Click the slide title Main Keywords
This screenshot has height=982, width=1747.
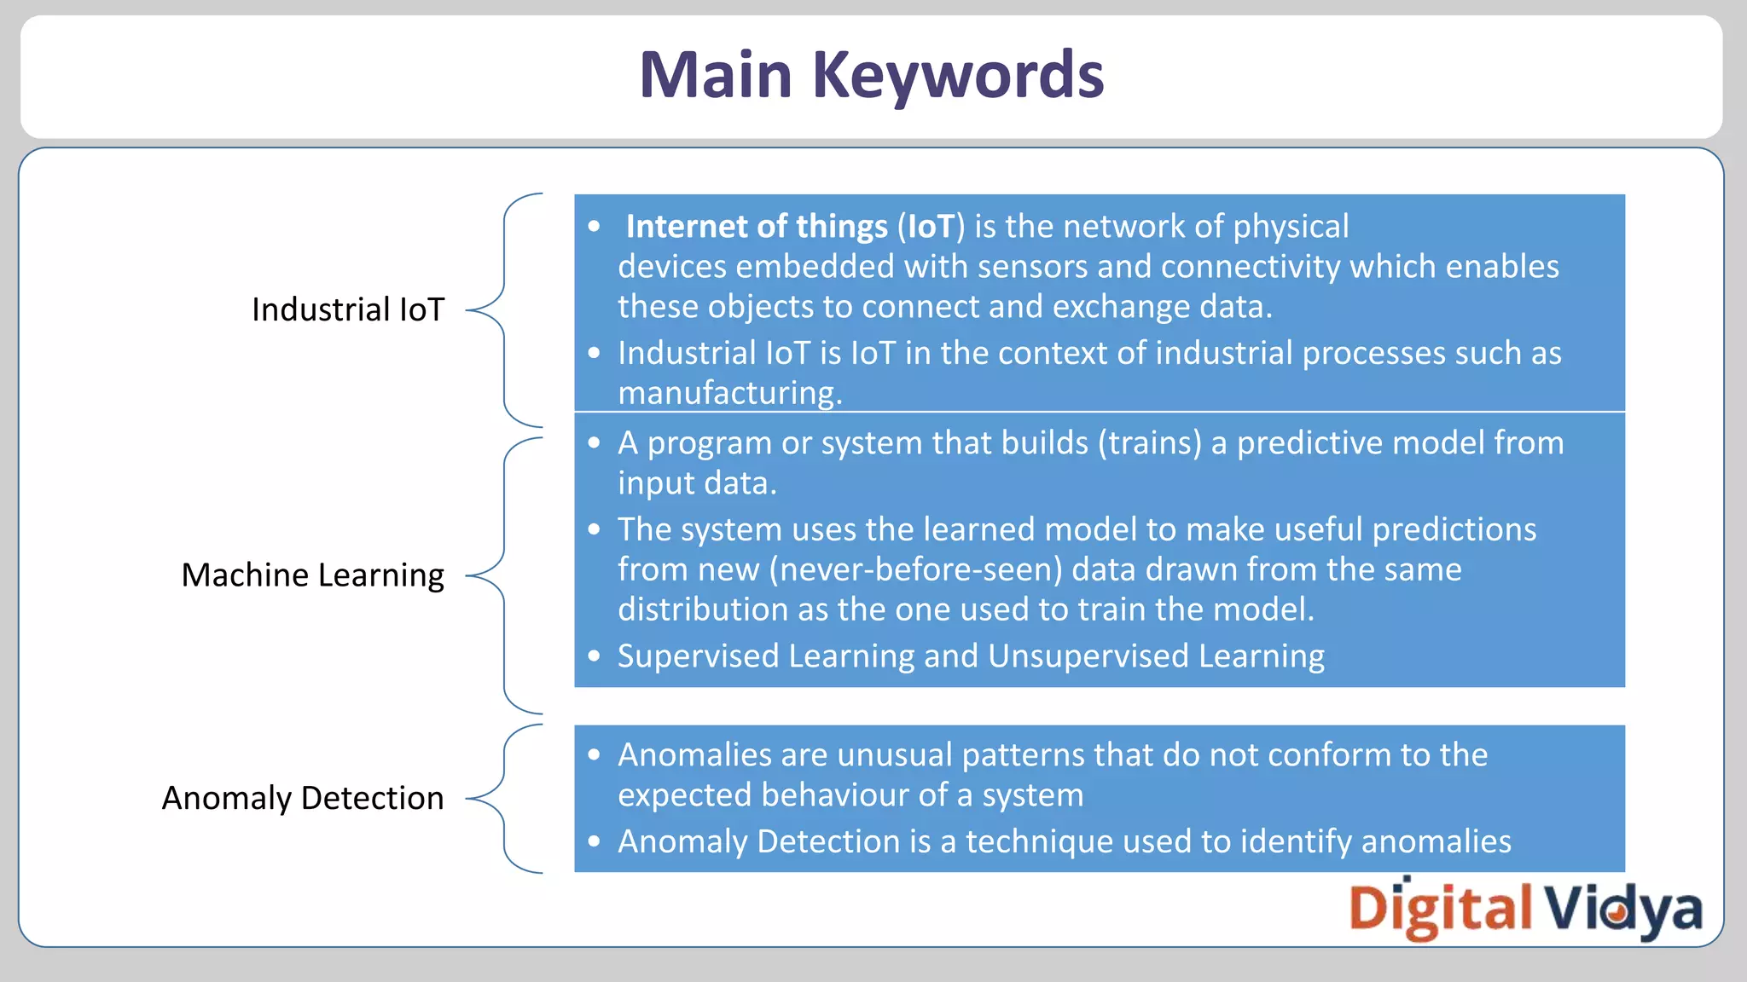tap(871, 75)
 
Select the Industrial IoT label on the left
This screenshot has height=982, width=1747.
tap(348, 309)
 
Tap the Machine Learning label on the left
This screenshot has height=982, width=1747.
tap(312, 575)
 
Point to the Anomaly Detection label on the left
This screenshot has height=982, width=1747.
tap(303, 799)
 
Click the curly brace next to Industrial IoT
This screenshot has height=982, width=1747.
tap(504, 310)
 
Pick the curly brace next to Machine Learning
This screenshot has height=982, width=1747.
tap(504, 576)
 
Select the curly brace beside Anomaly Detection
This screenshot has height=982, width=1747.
tap(504, 799)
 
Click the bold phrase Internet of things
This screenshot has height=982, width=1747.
tap(757, 227)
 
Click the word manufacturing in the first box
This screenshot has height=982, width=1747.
tap(729, 393)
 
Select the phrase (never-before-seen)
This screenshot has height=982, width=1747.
tap(915, 569)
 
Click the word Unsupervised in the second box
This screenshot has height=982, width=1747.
tap(1088, 656)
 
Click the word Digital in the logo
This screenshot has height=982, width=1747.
tap(1440, 909)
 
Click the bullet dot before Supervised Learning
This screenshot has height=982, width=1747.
tap(595, 656)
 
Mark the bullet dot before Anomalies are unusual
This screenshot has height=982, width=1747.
tap(595, 754)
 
